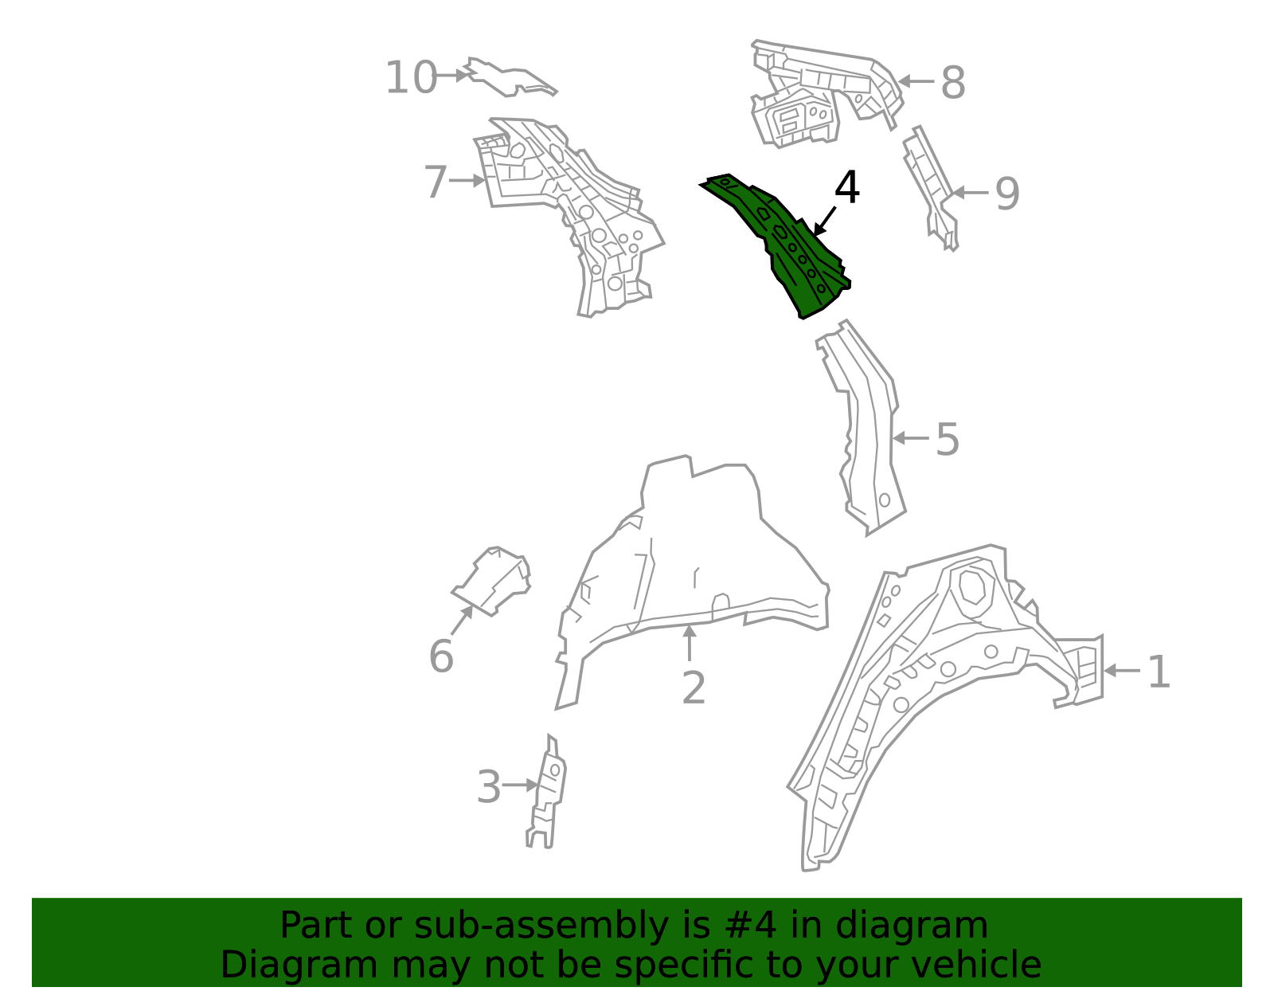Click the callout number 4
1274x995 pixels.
pos(847,189)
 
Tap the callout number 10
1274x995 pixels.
pos(411,78)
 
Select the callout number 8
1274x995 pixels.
pos(952,83)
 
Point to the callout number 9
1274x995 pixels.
pos(1007,194)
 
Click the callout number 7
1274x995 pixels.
pos(436,182)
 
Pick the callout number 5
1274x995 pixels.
pos(947,440)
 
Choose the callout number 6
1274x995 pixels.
pos(441,657)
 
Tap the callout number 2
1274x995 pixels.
pos(694,688)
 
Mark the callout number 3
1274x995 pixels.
pos(489,788)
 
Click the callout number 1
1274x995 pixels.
pos(1159,672)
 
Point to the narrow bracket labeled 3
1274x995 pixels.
pos(548,793)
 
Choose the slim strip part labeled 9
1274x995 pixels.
pos(930,187)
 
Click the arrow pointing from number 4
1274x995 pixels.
pos(824,221)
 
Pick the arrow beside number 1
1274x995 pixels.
pos(1121,671)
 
